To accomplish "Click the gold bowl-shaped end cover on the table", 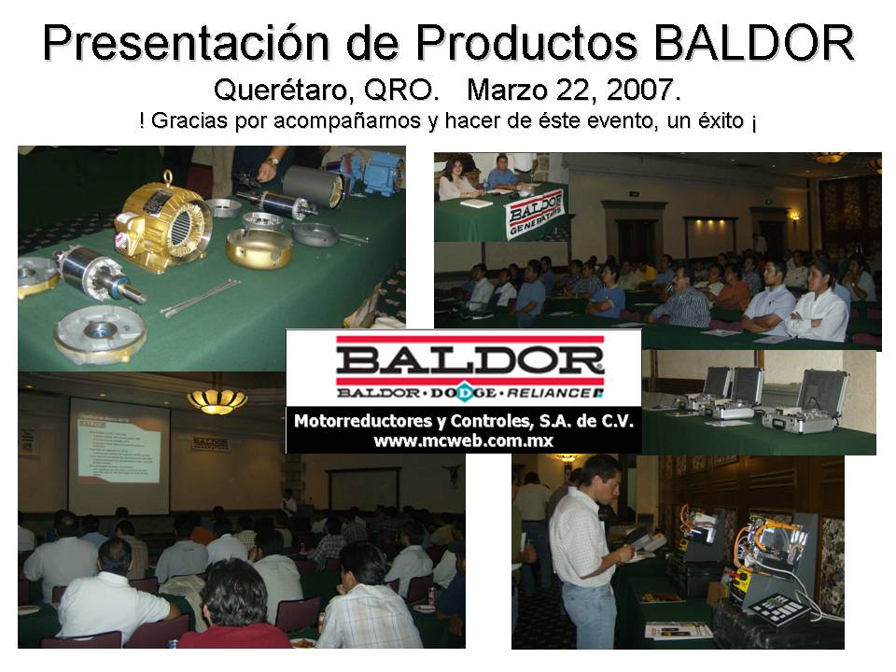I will (x=259, y=248).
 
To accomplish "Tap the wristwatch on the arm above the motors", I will (x=272, y=161).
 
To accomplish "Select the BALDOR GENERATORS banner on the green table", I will (x=536, y=213).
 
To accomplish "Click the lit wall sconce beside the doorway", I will (x=794, y=217).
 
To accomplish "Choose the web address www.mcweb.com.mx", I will (x=463, y=441).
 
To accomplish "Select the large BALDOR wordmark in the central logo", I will (x=463, y=360).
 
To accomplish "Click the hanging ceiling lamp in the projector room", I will (x=217, y=399).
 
